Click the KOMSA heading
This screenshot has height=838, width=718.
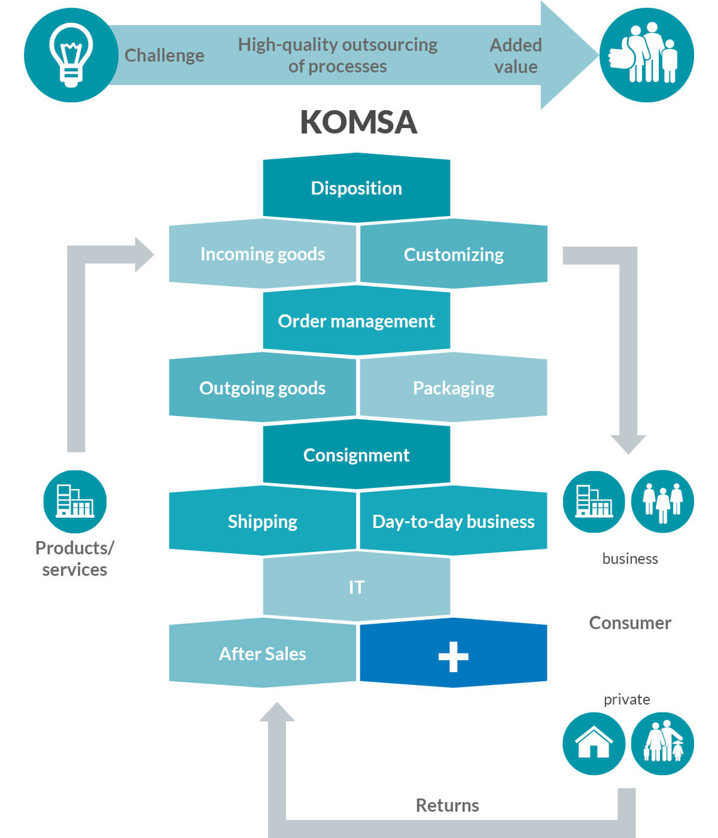(358, 122)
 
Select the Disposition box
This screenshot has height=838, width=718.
(357, 188)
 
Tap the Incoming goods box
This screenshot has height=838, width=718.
(263, 254)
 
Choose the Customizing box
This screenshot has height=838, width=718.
(454, 254)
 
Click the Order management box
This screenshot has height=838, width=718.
(357, 321)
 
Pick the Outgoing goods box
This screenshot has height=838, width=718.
(263, 388)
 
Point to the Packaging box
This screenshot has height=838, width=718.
(454, 388)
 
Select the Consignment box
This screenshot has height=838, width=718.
(357, 454)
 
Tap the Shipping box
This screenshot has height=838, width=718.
(263, 521)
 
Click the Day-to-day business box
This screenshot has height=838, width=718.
(454, 521)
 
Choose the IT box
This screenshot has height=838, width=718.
(357, 587)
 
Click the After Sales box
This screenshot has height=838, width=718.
(263, 653)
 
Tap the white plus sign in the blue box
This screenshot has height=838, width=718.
(454, 657)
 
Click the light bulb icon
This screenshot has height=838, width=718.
(71, 54)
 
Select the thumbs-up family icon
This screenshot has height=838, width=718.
(647, 54)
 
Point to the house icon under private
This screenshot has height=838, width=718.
(594, 744)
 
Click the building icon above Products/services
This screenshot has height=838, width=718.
(75, 502)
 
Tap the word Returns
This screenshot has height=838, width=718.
(448, 805)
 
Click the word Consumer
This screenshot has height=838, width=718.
(630, 623)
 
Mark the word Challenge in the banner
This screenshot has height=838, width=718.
(165, 56)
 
